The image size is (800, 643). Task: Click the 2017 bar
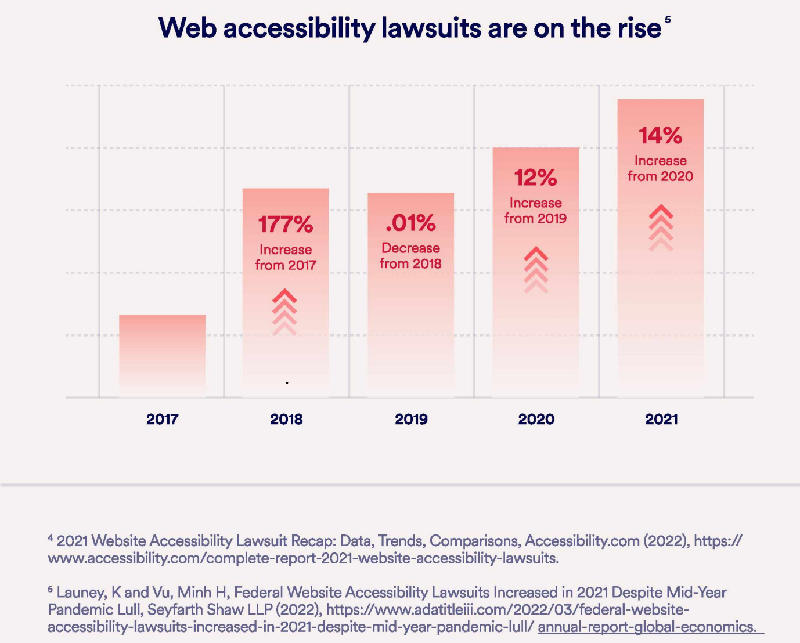(x=162, y=355)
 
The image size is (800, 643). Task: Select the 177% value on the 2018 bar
(x=285, y=224)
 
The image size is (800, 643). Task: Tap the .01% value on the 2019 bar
(x=410, y=222)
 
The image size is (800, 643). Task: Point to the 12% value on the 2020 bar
(x=535, y=178)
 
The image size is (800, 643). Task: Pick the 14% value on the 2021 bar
(x=660, y=136)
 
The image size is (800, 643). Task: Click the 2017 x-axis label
(x=162, y=419)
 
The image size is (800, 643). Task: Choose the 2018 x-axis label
(x=286, y=419)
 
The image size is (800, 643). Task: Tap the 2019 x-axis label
(x=411, y=419)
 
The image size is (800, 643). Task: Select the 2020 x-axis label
(x=536, y=419)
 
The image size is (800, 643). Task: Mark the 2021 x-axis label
(x=661, y=419)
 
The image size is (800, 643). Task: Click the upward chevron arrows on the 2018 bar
(x=284, y=312)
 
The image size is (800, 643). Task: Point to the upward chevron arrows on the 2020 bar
(x=536, y=270)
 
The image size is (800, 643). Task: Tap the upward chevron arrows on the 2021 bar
(x=661, y=227)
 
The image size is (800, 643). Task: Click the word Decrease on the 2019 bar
(x=410, y=248)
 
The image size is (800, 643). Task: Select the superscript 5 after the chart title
(x=668, y=20)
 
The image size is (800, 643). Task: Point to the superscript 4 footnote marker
(x=51, y=539)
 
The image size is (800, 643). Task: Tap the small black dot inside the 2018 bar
(x=287, y=383)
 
